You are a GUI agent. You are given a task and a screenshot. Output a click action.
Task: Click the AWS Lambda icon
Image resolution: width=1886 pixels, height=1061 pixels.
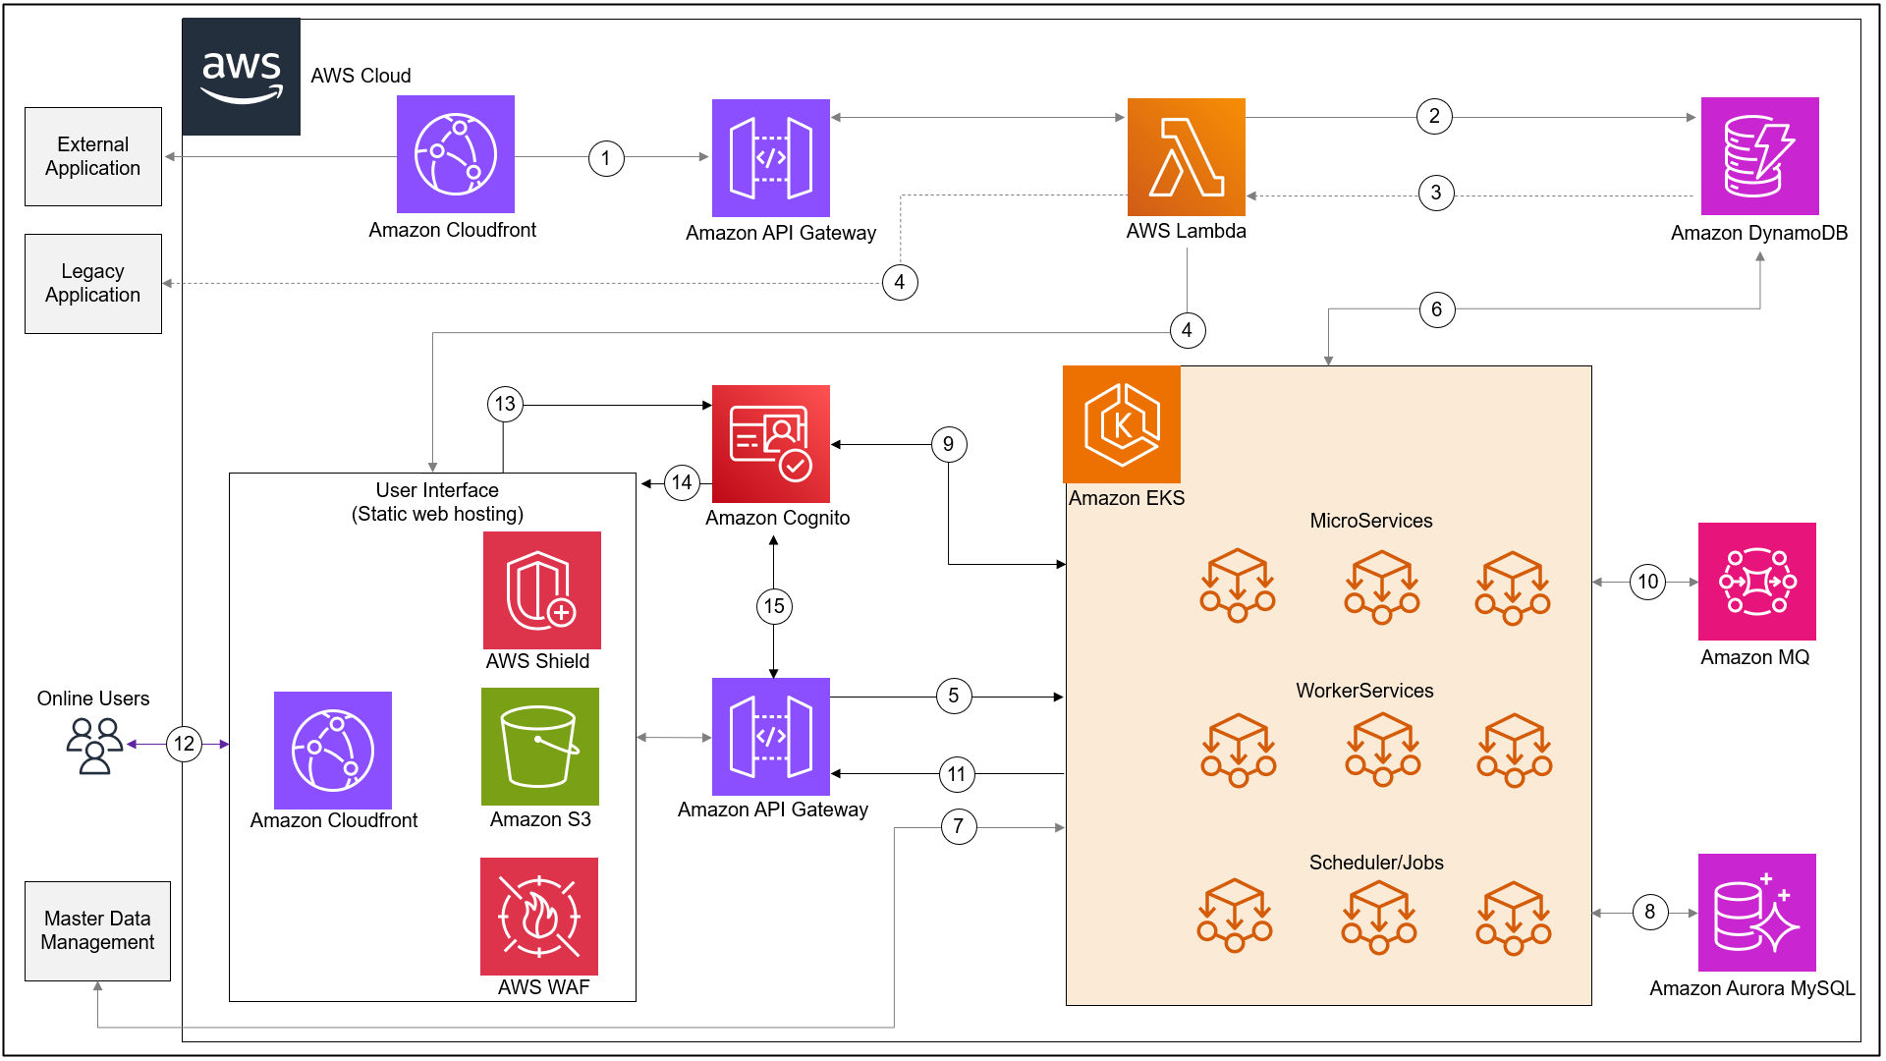click(1186, 157)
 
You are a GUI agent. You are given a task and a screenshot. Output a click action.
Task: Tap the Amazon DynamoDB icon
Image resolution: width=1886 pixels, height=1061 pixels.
click(1759, 156)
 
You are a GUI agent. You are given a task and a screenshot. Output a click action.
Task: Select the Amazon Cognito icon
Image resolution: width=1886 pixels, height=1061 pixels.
click(771, 444)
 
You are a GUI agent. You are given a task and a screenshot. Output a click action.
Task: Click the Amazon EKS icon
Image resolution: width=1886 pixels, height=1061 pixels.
click(1122, 424)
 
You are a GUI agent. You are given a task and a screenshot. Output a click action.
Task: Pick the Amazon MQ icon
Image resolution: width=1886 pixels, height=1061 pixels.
click(1756, 582)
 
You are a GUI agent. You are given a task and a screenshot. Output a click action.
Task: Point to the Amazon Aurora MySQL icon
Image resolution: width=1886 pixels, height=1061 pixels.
click(1756, 913)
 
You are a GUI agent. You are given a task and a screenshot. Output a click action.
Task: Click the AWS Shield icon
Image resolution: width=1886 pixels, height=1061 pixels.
click(541, 590)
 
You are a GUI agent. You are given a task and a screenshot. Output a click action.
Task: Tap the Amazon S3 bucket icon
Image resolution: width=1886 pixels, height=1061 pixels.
click(539, 747)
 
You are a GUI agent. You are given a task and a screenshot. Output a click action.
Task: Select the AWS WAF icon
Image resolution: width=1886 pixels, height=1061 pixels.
click(538, 917)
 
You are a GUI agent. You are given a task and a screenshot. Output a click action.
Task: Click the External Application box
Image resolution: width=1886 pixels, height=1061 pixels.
click(93, 157)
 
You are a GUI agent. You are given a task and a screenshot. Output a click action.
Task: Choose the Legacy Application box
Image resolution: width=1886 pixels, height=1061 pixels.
click(93, 284)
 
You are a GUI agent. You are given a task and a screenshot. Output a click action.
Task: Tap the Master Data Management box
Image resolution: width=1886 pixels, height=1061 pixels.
click(97, 930)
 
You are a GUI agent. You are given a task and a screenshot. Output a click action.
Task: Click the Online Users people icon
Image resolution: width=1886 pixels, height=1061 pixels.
click(94, 746)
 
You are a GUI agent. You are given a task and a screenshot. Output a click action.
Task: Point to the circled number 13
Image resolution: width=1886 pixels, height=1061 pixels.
click(505, 404)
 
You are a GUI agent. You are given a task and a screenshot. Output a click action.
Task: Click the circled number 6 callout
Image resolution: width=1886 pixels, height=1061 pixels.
click(1436, 310)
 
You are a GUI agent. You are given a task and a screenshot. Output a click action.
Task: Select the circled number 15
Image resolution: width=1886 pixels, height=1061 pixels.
click(774, 606)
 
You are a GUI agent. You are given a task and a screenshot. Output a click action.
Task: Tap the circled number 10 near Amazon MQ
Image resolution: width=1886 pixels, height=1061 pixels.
click(1647, 582)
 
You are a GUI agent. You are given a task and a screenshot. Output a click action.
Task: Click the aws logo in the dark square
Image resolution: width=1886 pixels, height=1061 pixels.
click(242, 77)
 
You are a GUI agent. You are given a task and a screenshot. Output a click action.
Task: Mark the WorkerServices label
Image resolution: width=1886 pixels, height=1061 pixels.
click(1364, 691)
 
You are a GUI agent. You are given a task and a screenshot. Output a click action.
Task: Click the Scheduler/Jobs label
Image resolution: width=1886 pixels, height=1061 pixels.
click(1375, 863)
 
